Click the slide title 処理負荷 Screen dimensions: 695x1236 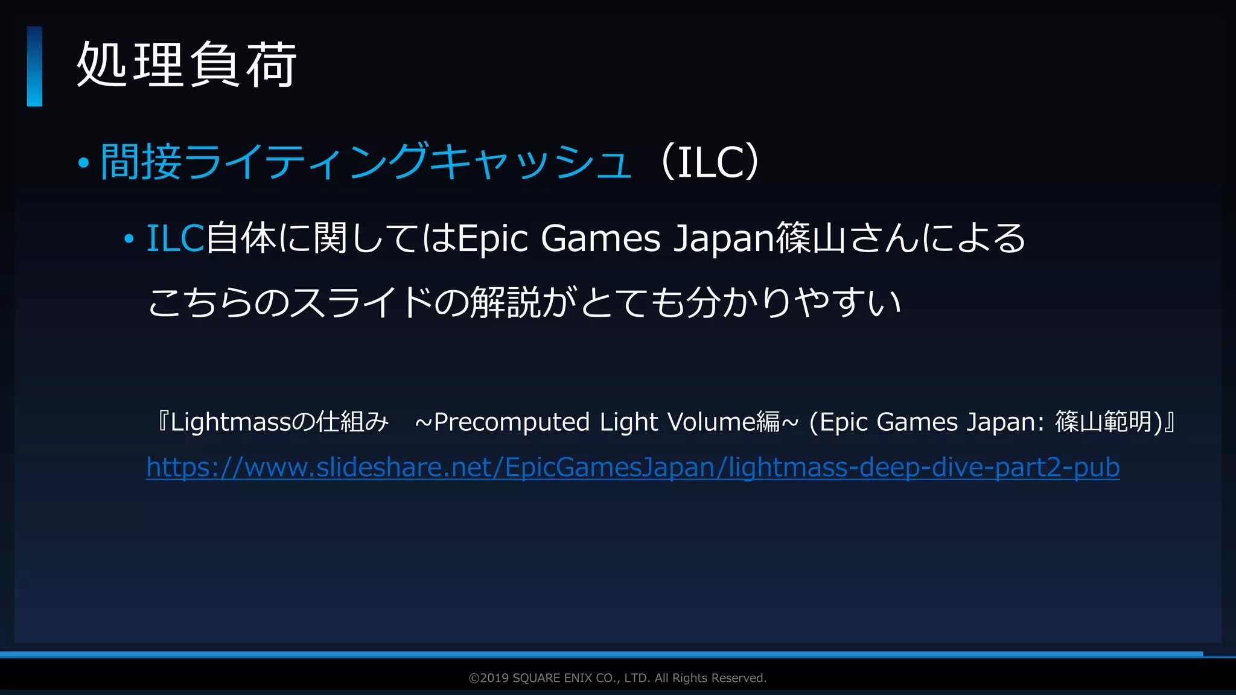[186, 65]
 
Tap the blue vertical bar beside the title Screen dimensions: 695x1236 [34, 66]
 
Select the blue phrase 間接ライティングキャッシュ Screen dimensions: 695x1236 [366, 162]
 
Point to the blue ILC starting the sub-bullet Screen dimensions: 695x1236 [176, 238]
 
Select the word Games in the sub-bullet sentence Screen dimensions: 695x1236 [600, 238]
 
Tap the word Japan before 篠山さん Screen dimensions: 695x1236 [724, 239]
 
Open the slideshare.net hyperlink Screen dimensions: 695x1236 [632, 468]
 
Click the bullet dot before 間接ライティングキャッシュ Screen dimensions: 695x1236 [84, 162]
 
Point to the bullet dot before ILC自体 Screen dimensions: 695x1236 [129, 240]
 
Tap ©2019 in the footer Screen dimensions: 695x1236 [488, 678]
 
